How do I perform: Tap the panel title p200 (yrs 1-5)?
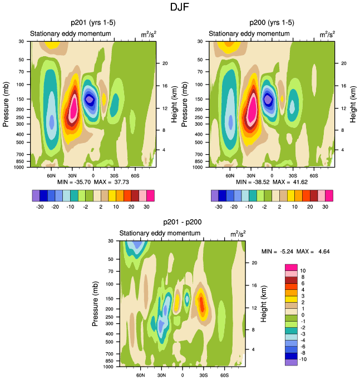coord(272,23)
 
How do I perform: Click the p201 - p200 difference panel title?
coord(183,222)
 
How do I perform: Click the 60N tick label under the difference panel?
coord(141,375)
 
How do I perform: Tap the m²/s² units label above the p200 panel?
coord(327,34)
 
